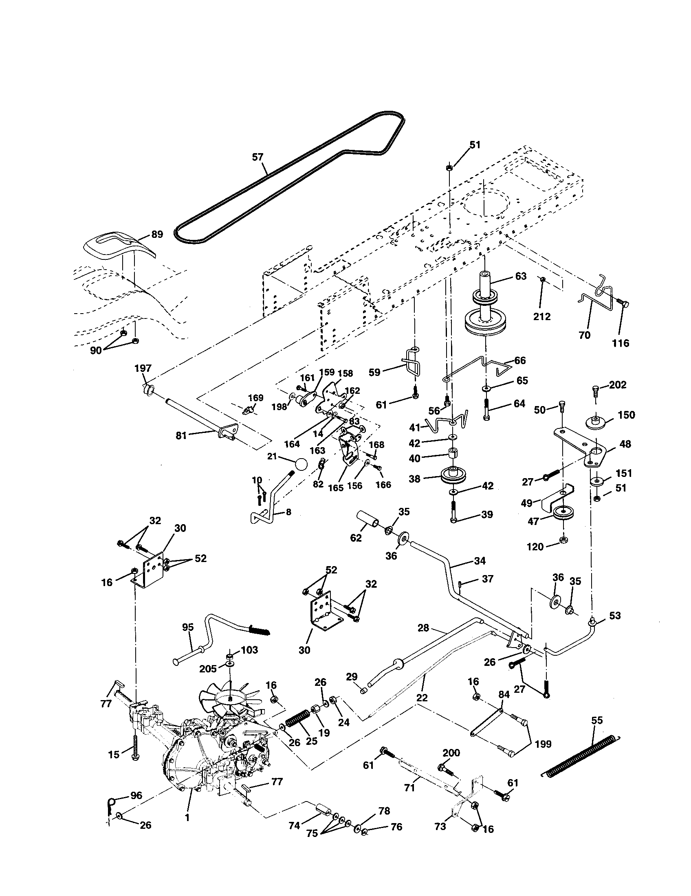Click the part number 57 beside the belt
(257, 157)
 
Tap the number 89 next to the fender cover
(157, 234)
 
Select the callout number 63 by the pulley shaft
(520, 276)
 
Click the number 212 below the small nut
(541, 316)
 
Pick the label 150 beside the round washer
(626, 415)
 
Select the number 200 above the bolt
(451, 753)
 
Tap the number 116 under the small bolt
(620, 343)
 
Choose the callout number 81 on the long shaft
(181, 435)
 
